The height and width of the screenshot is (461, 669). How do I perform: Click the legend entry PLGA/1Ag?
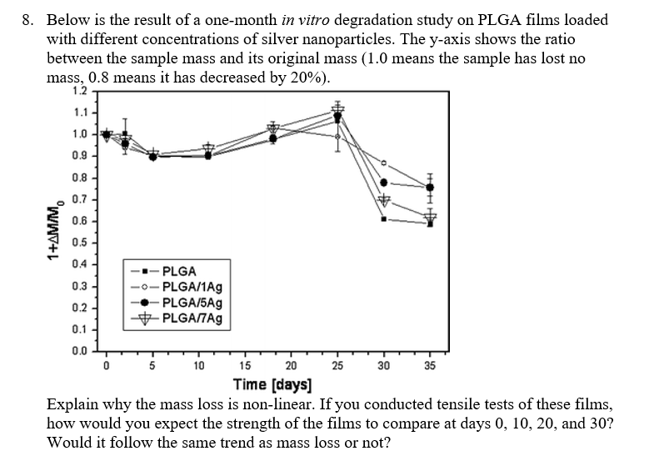tap(191, 287)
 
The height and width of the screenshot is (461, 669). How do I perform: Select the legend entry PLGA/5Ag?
tap(191, 302)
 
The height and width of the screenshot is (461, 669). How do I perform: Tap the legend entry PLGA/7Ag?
tap(191, 318)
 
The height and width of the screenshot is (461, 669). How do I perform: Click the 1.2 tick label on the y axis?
tap(78, 90)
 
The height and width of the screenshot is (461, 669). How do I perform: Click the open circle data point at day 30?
tap(384, 163)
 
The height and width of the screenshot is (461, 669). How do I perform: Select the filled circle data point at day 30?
tap(384, 183)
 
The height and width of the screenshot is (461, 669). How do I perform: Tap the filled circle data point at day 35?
tap(430, 187)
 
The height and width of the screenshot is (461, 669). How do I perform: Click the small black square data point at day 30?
tap(384, 218)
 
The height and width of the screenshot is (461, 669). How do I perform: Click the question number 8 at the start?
tap(26, 19)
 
